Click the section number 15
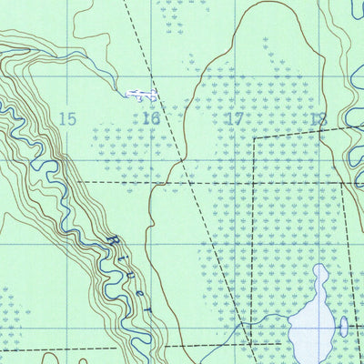pyautogui.click(x=66, y=118)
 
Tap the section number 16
pyautogui.click(x=151, y=118)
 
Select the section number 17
pyautogui.click(x=234, y=118)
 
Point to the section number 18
pyautogui.click(x=318, y=118)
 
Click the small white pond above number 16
pyautogui.click(x=142, y=94)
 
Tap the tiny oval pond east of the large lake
pyautogui.click(x=343, y=327)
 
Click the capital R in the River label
pyautogui.click(x=113, y=241)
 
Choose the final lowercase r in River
pyautogui.click(x=149, y=309)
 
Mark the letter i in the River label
pyautogui.click(x=125, y=258)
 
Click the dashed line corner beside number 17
pyautogui.click(x=254, y=138)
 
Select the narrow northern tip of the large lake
pyautogui.click(x=320, y=268)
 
